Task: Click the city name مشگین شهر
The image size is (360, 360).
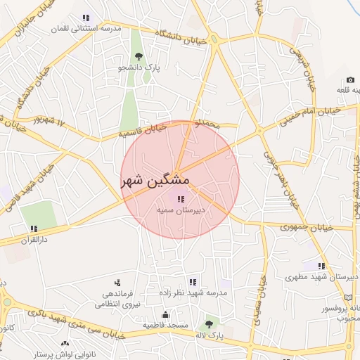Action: [x=155, y=180]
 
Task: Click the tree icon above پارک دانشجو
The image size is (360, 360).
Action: [x=139, y=57]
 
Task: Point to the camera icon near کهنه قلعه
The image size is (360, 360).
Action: [x=349, y=79]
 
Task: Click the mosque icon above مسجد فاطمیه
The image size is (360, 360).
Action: [x=165, y=314]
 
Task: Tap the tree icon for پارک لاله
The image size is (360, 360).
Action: [x=208, y=324]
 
